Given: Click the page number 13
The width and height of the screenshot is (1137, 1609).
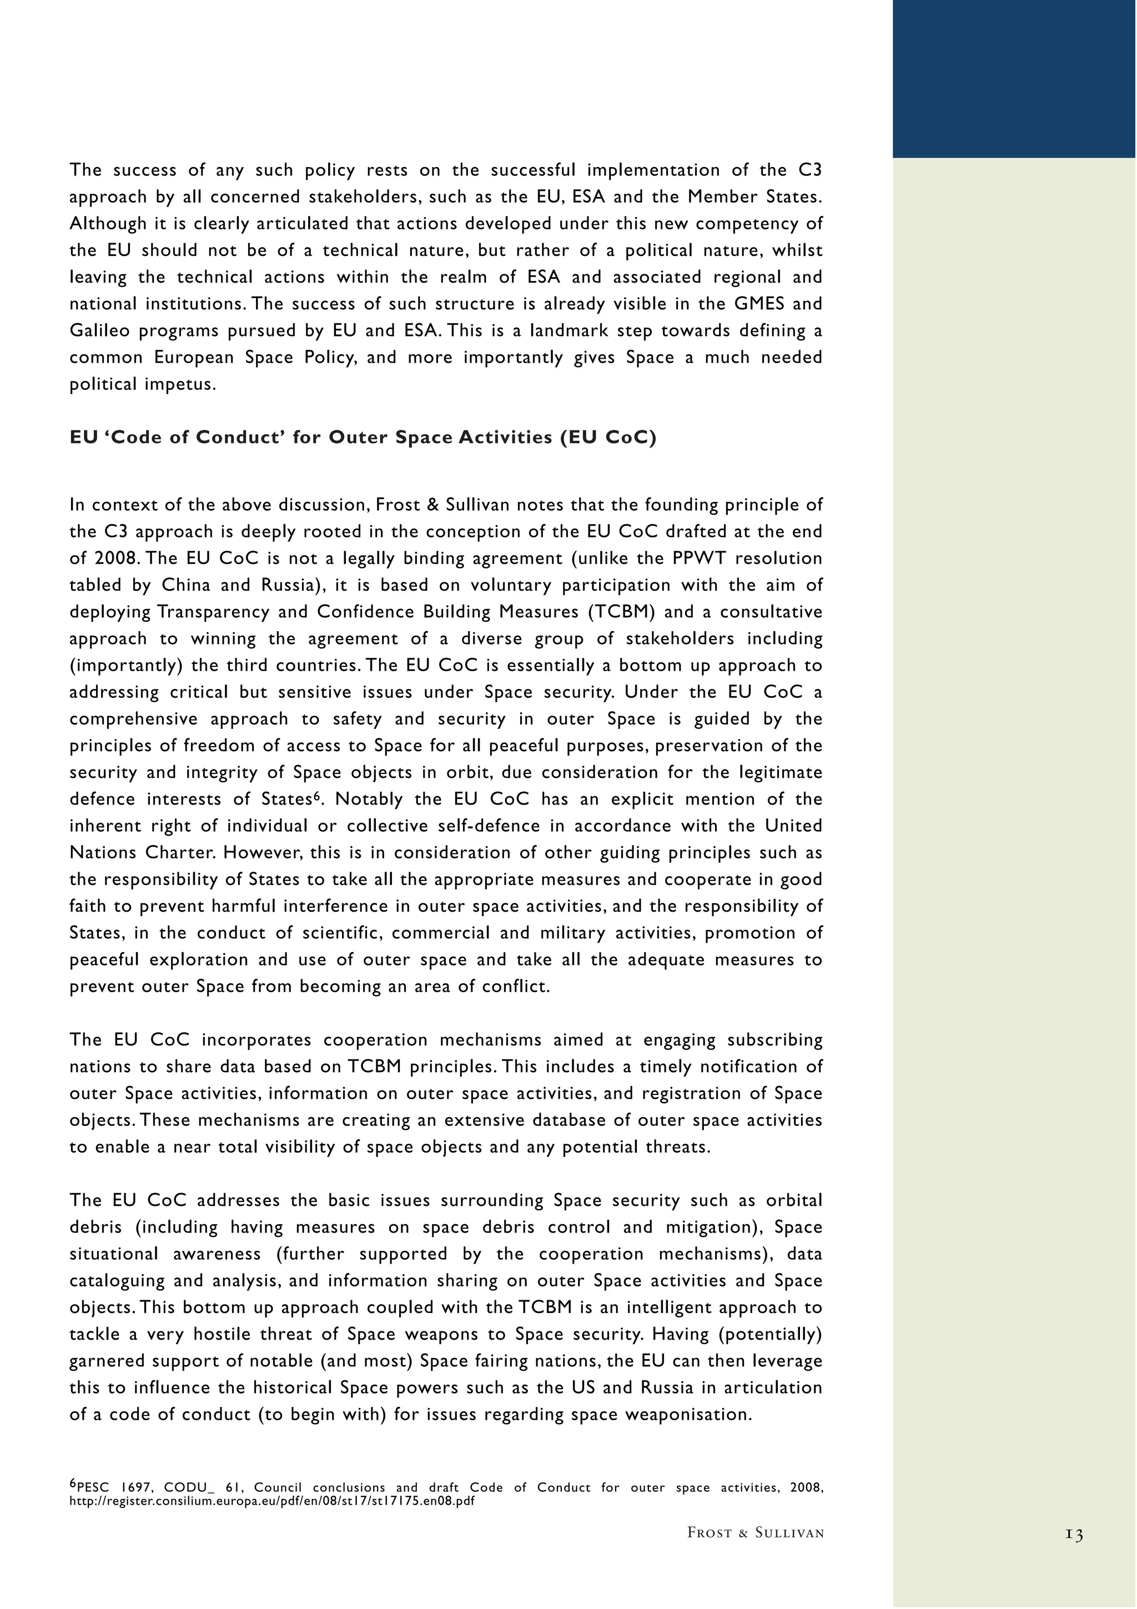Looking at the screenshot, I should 1074,1534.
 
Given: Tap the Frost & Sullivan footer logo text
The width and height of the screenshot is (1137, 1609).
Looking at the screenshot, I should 755,1532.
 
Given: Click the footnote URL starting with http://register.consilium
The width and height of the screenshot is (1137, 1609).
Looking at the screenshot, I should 272,1501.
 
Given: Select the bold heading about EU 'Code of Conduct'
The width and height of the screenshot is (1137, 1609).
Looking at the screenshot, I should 363,438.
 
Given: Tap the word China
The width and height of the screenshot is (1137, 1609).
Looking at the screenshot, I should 185,585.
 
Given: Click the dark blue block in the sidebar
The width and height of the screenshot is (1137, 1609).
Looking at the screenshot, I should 1014,78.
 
